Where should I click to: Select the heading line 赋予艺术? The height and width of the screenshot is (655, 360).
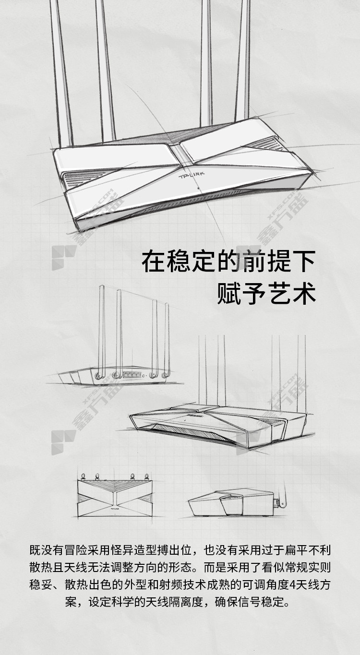coord(266,293)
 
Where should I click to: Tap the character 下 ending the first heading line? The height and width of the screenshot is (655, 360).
coord(304,261)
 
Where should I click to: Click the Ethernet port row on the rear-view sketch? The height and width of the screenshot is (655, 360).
coord(132,375)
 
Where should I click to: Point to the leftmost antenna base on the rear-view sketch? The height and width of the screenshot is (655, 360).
coord(98,375)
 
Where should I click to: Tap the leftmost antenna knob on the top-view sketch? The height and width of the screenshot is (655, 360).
coord(83,476)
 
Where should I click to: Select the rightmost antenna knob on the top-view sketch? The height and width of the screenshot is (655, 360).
coord(146,476)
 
